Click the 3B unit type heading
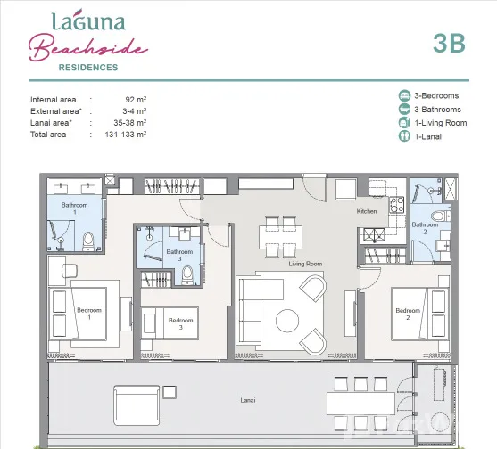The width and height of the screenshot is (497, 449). pos(449,43)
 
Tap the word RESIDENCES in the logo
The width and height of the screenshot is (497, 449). pos(88,68)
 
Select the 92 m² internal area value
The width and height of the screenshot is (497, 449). pos(136,100)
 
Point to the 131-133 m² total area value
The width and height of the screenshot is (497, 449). pos(126,135)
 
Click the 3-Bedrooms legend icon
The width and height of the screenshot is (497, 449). pos(404,95)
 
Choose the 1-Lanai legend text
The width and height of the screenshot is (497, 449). pos(428,136)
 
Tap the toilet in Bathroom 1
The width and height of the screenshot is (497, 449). pos(88,241)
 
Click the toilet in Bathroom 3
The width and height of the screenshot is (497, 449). pos(187,274)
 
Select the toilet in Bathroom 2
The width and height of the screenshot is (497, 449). pos(441,216)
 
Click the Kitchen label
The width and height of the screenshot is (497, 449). pos(367,211)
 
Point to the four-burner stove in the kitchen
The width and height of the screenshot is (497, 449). pos(397,204)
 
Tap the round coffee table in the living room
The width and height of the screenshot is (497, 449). pos(287,321)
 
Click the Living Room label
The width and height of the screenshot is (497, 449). pos(305,264)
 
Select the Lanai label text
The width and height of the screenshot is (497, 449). pos(248,400)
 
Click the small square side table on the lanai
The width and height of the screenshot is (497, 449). pos(170,392)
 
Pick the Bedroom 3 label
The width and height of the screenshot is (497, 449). pos(180,323)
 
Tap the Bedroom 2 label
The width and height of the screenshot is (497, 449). pos(408,314)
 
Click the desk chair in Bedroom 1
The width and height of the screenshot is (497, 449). pos(70,271)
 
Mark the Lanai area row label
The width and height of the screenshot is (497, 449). pos(51,123)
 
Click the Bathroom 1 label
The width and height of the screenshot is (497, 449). pos(74,208)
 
